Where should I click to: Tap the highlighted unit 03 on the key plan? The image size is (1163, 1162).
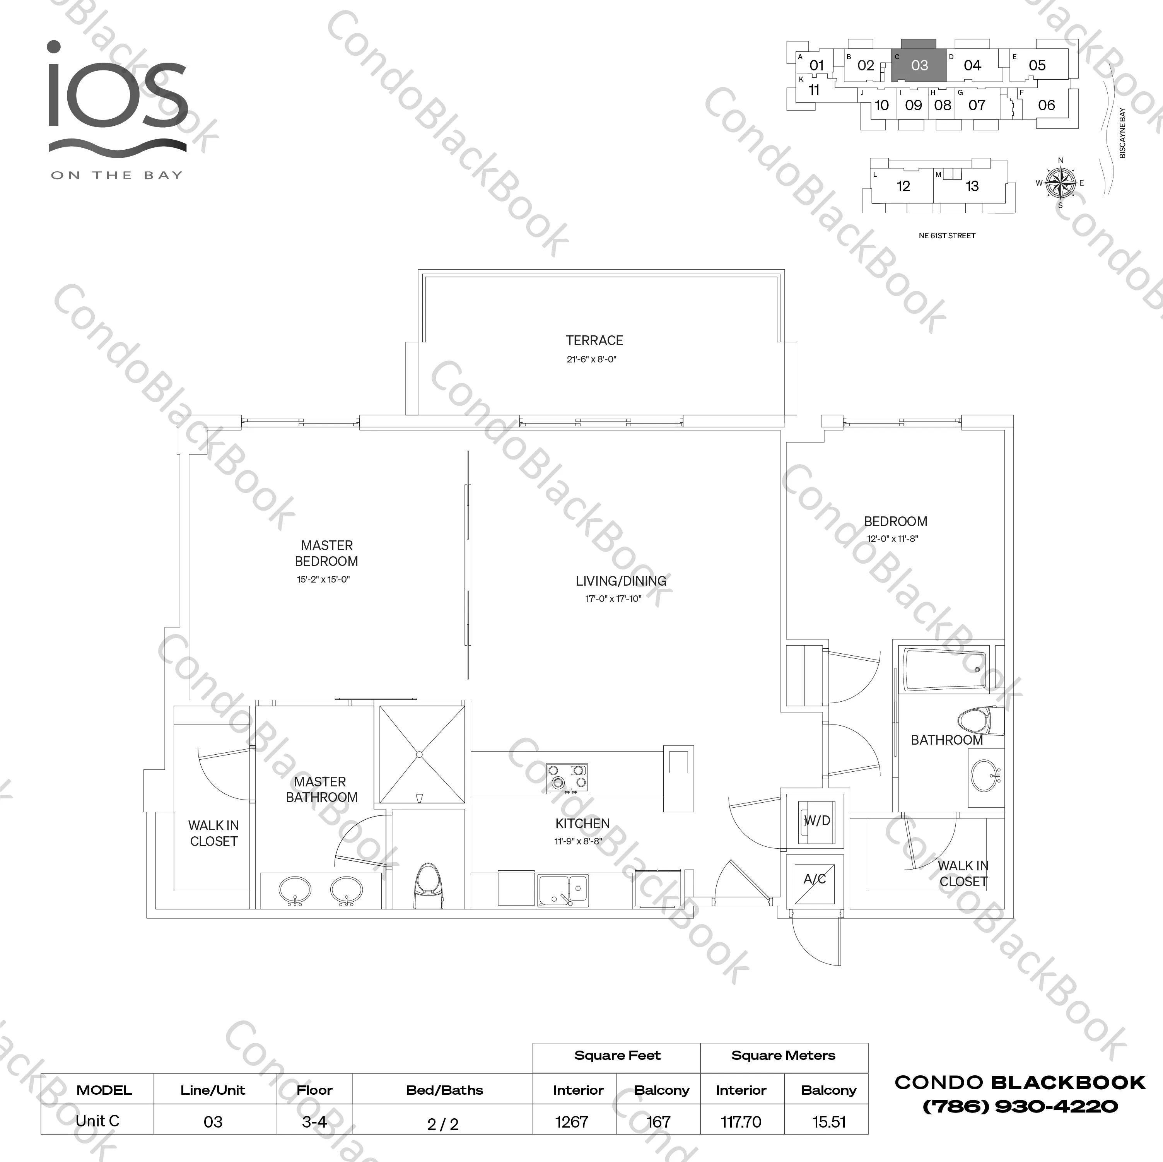click(919, 65)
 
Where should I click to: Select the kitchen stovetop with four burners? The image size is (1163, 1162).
click(567, 777)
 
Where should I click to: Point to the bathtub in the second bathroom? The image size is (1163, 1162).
click(943, 669)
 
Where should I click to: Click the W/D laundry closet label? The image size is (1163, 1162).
click(817, 820)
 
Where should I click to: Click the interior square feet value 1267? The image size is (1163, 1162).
click(571, 1122)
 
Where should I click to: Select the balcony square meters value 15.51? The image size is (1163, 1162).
click(829, 1122)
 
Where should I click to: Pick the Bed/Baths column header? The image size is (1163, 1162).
click(444, 1090)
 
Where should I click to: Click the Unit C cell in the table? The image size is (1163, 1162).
click(97, 1121)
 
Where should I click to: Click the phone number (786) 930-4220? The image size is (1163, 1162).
click(1020, 1106)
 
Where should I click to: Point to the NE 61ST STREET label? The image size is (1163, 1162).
click(947, 236)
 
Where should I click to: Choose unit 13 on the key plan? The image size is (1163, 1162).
click(972, 186)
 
